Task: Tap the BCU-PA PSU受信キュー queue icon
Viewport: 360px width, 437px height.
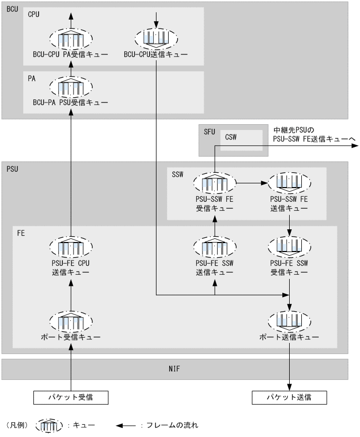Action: (x=71, y=86)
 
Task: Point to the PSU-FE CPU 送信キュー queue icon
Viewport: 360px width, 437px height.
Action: (x=71, y=246)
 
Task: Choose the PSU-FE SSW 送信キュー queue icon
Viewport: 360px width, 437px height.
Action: (x=215, y=246)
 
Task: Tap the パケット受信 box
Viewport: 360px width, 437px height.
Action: (x=71, y=396)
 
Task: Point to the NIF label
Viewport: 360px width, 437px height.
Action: (x=175, y=366)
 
